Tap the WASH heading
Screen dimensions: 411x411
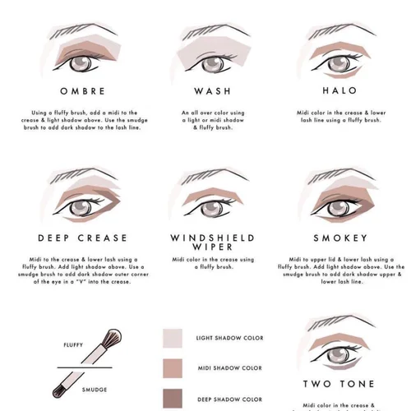tap(212, 90)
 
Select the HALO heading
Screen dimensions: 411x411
tap(339, 90)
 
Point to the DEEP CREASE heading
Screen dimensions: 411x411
tap(82, 238)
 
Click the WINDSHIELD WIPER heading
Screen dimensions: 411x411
tap(212, 242)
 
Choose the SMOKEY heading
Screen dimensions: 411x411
tap(339, 238)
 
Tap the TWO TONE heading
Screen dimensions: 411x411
tap(339, 384)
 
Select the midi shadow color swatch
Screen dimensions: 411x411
tap(173, 368)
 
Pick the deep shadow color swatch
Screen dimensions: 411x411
tap(173, 398)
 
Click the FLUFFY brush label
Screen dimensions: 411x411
tap(74, 346)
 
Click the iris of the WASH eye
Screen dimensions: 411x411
tap(211, 62)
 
